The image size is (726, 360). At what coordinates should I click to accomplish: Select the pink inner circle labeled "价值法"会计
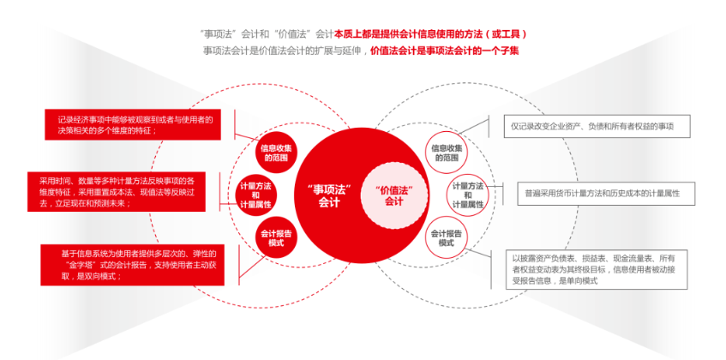coord(393,195)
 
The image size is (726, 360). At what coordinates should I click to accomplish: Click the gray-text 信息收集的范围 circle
coord(447,152)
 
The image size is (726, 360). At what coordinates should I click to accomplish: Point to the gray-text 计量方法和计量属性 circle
coord(468,194)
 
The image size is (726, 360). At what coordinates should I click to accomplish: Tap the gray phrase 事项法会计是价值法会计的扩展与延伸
coord(284,51)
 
